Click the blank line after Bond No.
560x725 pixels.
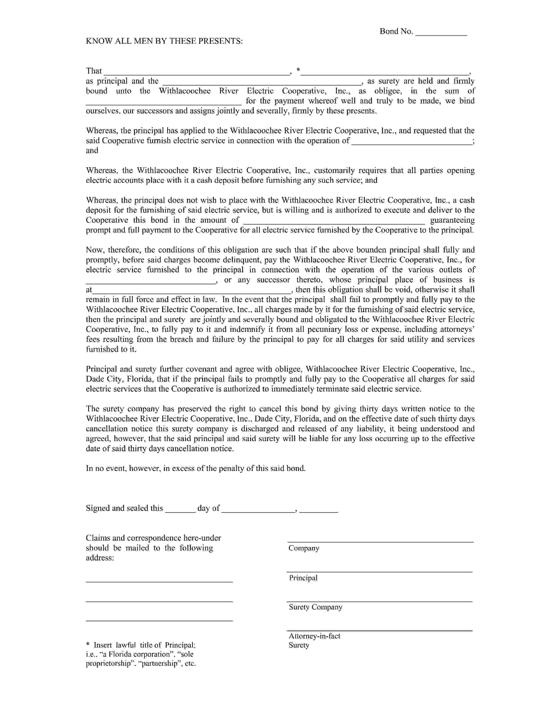tap(441, 33)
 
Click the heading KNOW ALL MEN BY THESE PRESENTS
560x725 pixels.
tap(164, 41)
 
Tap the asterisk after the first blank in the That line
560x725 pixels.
tap(298, 70)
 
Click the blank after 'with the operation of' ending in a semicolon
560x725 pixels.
tap(411, 143)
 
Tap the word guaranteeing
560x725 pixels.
tap(452, 220)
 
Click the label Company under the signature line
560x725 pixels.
tap(303, 548)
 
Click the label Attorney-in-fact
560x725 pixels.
tap(314, 636)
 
